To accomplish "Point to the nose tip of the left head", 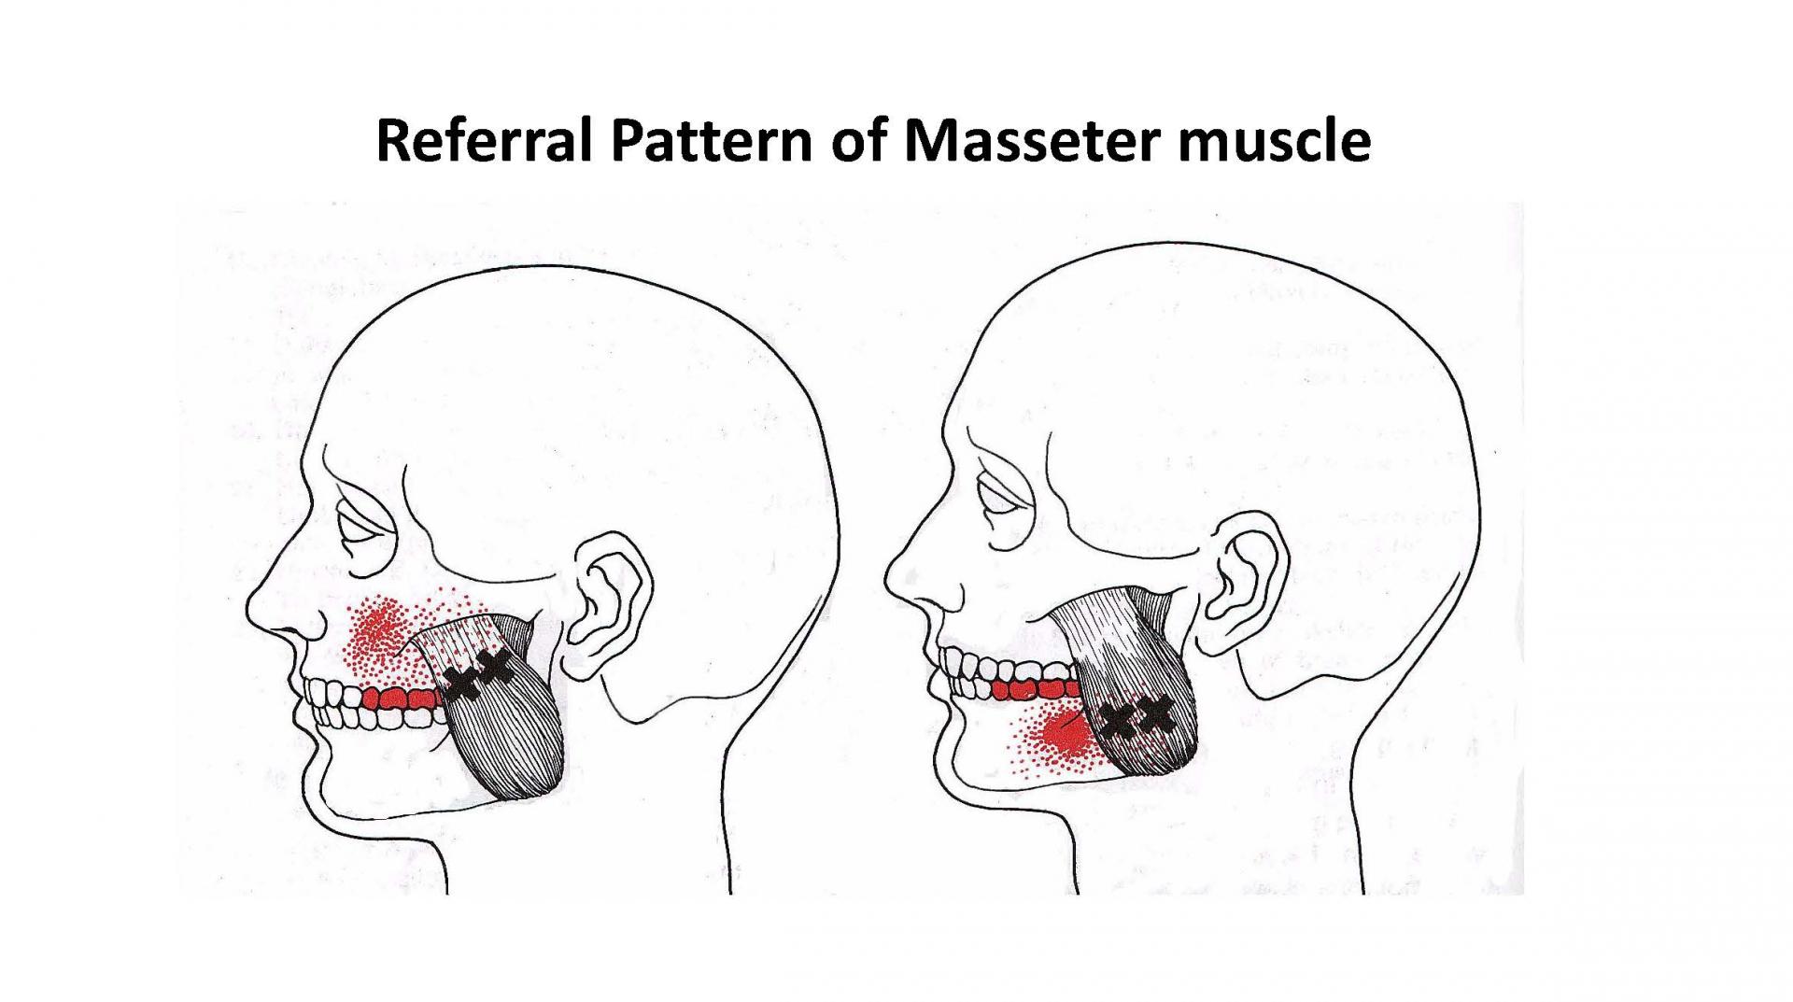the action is (x=249, y=620).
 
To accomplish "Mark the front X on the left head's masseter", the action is (x=460, y=684).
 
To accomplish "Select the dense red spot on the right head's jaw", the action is (x=1065, y=732).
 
